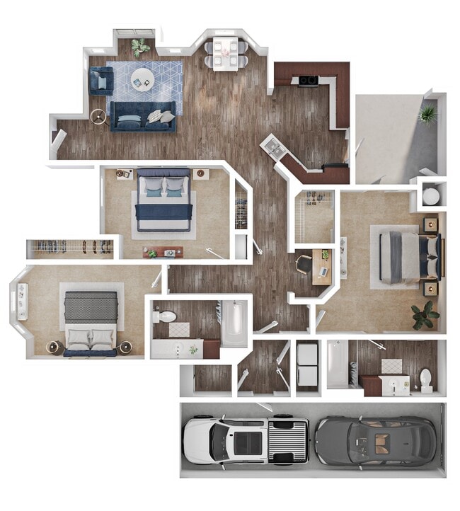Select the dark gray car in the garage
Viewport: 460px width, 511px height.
(375, 440)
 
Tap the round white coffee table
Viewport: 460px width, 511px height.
(142, 78)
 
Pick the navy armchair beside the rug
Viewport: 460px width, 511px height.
(100, 81)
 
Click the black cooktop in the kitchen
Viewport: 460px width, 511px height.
(309, 80)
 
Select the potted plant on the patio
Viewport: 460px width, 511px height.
(427, 113)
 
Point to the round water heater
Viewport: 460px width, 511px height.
(431, 194)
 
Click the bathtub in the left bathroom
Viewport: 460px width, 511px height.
(234, 324)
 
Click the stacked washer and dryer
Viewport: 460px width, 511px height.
(306, 366)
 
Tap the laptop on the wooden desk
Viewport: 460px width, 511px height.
(323, 272)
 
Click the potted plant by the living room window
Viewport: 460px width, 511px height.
(139, 47)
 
